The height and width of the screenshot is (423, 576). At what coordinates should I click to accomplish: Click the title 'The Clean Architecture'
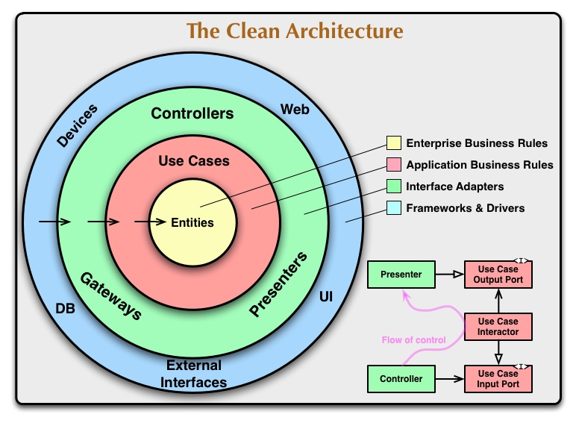click(295, 31)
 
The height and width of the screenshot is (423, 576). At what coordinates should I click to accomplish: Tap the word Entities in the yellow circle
click(192, 222)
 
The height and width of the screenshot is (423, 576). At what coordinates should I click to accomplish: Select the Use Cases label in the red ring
click(194, 160)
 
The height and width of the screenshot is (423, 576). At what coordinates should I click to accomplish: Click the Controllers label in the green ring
click(192, 114)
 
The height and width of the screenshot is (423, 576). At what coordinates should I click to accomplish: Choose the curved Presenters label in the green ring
click(278, 285)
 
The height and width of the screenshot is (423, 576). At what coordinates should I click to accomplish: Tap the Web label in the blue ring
click(295, 110)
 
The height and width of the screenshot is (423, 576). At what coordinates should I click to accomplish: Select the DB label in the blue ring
click(65, 307)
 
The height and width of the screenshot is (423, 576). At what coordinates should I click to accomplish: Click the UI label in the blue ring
click(326, 297)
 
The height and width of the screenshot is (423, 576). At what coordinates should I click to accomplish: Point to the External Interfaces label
click(195, 374)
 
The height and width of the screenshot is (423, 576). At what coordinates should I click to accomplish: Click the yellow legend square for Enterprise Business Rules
click(393, 143)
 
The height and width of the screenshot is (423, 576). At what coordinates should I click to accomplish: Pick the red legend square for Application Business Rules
click(393, 165)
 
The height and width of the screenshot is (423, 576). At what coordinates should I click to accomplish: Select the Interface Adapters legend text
click(454, 187)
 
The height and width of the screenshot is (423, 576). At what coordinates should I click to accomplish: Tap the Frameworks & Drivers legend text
click(465, 208)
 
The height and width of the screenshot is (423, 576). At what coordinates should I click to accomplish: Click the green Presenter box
click(400, 275)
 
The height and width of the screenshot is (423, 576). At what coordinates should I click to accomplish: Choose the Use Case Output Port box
click(499, 275)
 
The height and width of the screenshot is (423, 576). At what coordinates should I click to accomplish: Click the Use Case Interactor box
click(499, 326)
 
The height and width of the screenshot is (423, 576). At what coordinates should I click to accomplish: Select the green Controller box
click(401, 379)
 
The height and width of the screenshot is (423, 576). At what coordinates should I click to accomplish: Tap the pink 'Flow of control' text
click(413, 340)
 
